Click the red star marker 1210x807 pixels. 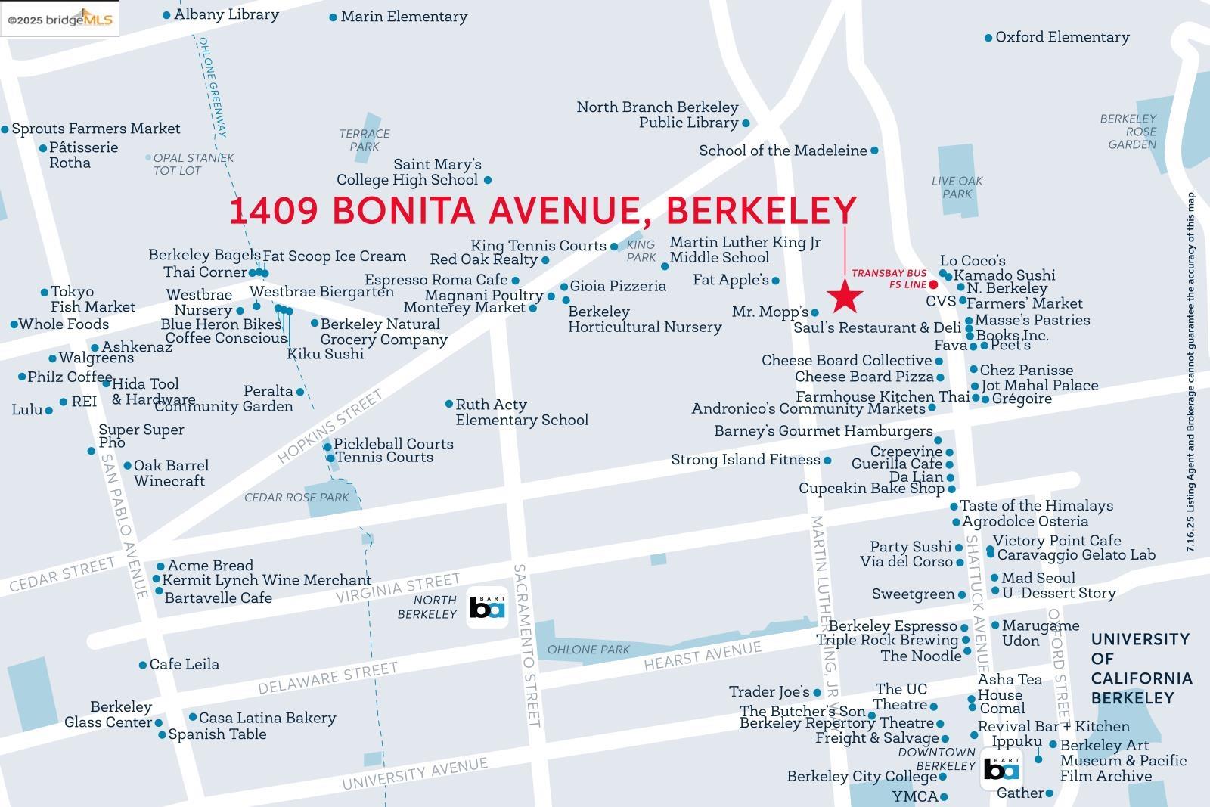(845, 296)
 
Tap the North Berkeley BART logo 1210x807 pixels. (487, 607)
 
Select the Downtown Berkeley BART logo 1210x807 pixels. (1001, 769)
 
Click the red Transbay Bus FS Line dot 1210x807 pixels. (933, 284)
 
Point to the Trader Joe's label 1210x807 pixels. (763, 691)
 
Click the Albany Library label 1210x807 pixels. (226, 14)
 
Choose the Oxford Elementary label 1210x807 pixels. (1062, 37)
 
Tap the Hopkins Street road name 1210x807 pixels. (330, 427)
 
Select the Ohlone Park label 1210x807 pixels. (588, 650)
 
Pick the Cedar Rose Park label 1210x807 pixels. (296, 498)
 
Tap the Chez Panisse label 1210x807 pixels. (1026, 370)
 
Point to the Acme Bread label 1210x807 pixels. (210, 566)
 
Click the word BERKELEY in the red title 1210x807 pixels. (762, 210)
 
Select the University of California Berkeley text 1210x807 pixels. (1140, 669)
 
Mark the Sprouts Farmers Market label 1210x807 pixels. (95, 129)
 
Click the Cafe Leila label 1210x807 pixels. (184, 664)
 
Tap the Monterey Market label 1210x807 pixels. (464, 308)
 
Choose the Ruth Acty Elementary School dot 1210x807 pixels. (449, 404)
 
